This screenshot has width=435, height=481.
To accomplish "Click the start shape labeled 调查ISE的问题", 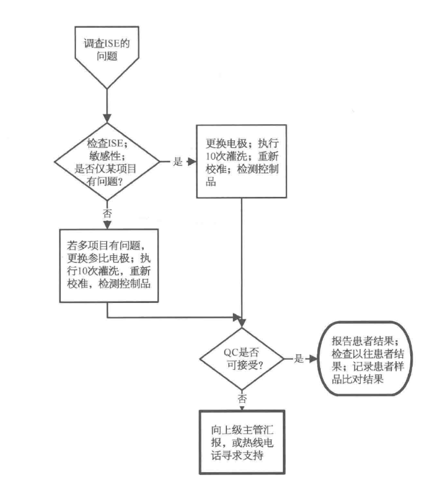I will (x=107, y=53).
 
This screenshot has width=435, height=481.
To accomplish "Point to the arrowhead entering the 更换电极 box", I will (x=192, y=162).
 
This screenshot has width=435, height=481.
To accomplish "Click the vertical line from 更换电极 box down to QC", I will (x=243, y=259).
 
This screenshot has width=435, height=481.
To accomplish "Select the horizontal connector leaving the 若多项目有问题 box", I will (x=177, y=317).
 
